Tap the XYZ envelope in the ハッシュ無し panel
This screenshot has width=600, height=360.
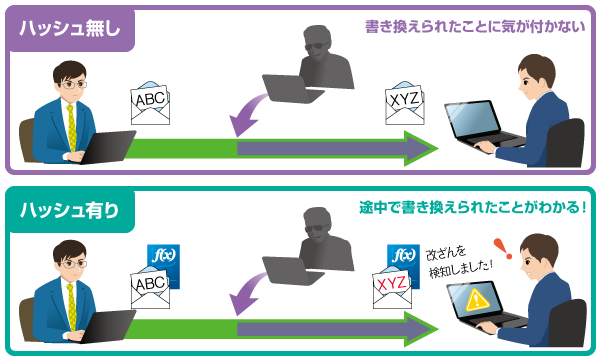click(x=405, y=102)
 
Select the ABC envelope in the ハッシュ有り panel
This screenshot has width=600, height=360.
click(x=150, y=288)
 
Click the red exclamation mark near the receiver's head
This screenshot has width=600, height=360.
click(x=503, y=249)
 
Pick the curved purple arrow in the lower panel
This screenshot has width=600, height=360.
click(x=246, y=296)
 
